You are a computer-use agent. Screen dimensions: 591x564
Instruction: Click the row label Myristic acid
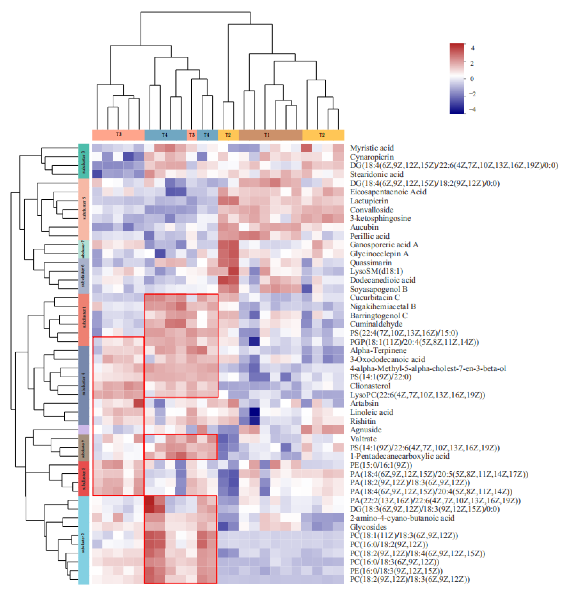[372, 148]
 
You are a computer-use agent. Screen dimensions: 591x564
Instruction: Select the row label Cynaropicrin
[372, 157]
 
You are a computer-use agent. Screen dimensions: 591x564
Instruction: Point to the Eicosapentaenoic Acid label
[388, 192]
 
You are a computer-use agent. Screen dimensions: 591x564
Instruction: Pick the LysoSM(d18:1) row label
[376, 271]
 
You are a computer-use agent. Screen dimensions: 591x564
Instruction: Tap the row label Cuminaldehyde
[376, 324]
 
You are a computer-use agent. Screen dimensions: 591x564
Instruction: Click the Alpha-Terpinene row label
[378, 350]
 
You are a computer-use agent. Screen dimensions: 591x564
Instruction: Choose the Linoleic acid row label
[371, 412]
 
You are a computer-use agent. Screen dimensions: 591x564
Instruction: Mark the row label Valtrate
[363, 439]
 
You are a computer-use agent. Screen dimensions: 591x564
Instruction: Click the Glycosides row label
[368, 527]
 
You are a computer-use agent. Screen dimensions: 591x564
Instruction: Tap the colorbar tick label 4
[473, 48]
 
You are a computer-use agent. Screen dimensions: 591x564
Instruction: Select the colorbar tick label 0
[472, 79]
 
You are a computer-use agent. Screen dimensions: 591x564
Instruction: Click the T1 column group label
[267, 135]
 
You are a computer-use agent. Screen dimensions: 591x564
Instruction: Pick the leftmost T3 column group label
[119, 135]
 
